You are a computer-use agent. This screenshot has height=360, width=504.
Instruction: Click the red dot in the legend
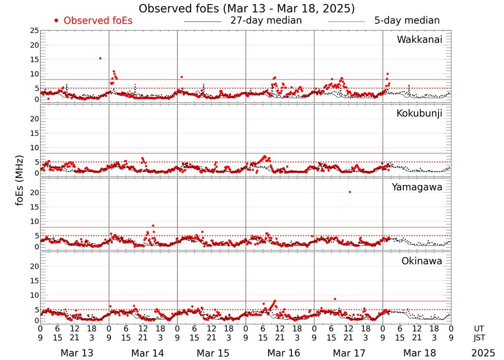coord(56,21)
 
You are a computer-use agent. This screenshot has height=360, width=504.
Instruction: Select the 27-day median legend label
coord(266,21)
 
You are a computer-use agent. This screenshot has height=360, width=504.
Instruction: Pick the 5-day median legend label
coord(407,21)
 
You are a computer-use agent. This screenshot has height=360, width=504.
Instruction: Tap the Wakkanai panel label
coord(419,40)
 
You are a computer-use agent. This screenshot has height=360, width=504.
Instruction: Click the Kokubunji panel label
coord(419,113)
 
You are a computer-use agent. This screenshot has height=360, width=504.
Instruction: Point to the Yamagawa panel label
coord(417,187)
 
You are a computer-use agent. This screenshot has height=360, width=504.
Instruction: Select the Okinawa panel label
coord(421,261)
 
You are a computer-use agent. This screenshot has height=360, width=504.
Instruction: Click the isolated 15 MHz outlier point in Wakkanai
coord(100,58)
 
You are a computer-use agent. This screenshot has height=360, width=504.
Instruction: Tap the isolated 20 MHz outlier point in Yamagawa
coord(350,192)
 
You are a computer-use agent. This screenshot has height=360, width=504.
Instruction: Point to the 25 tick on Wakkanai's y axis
coord(35,31)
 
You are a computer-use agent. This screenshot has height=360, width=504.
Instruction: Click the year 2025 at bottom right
coord(483,353)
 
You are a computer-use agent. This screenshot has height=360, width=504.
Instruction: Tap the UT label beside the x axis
coord(479,328)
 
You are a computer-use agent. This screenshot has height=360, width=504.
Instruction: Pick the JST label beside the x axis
coord(479,337)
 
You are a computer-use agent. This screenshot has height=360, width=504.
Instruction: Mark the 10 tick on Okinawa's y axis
coord(35,295)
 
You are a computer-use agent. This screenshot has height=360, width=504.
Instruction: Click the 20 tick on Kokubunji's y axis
coord(35,119)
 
